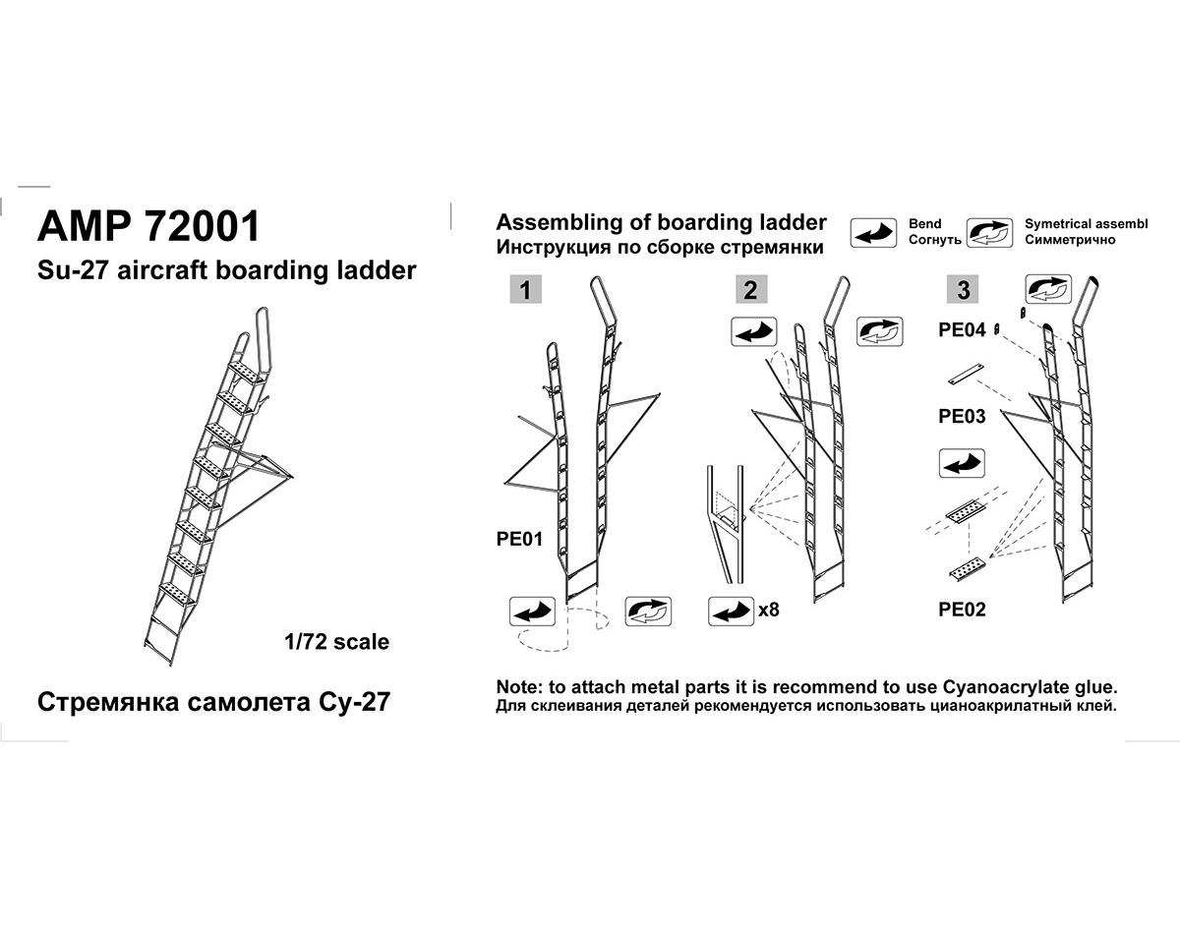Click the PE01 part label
tap(519, 539)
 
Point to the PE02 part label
tap(962, 610)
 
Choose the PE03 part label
tap(962, 416)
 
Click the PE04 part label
tap(962, 330)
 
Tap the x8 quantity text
tap(769, 610)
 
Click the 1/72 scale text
tap(335, 642)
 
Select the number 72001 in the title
tap(202, 225)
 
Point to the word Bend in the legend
tap(925, 224)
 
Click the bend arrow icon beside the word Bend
tap(873, 233)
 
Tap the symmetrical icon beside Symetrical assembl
tap(989, 233)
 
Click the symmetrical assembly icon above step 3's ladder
tap(1048, 290)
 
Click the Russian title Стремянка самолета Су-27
tap(213, 703)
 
